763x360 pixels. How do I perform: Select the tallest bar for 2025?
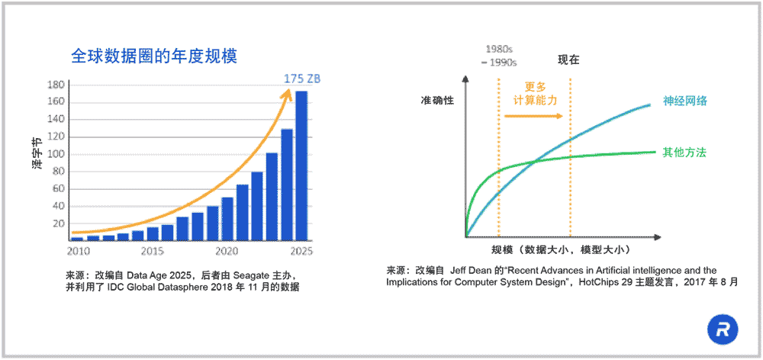301,166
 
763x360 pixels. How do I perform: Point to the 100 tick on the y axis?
55,154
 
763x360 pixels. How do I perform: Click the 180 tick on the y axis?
55,85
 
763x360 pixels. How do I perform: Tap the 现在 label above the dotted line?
569,59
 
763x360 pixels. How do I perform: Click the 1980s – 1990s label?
499,56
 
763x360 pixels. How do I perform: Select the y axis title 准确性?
436,101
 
